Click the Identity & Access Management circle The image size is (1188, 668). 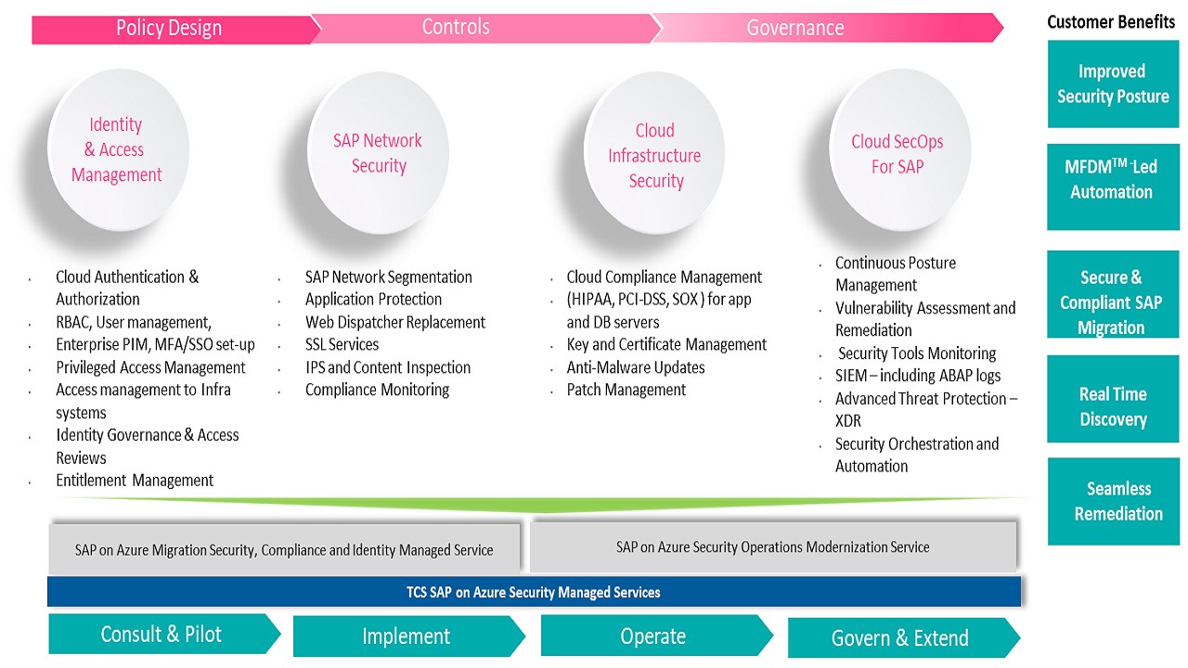118,149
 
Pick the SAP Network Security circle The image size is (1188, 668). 378,153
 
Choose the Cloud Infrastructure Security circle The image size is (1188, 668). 654,153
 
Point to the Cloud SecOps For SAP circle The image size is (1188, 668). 900,150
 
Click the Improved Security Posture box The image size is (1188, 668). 1113,83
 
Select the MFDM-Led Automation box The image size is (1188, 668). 1113,186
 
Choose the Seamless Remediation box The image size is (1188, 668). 1114,501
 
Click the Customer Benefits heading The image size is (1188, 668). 1111,22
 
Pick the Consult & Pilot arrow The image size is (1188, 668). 164,634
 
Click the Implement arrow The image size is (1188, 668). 409,636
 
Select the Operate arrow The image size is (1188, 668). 656,636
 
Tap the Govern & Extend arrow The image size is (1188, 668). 904,637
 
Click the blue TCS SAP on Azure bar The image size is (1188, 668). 534,592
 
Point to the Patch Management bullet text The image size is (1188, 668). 626,391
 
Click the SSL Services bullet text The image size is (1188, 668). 342,344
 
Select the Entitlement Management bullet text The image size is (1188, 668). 135,481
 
